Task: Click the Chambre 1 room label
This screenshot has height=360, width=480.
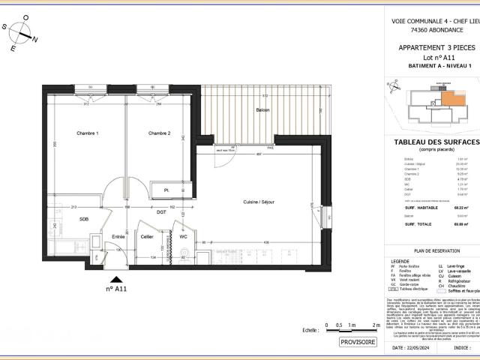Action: pos(87,133)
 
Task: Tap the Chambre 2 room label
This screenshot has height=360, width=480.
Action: pos(160,133)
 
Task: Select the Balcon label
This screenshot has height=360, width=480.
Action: pos(262,110)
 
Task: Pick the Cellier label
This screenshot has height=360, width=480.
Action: pos(147,237)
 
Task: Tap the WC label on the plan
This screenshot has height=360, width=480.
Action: pos(183,237)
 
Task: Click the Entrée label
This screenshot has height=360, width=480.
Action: pos(118,237)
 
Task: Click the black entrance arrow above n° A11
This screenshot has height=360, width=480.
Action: pos(111,277)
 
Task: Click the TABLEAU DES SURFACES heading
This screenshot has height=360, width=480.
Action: pos(436,142)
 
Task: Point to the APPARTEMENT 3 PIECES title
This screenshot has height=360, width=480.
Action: pos(436,47)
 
